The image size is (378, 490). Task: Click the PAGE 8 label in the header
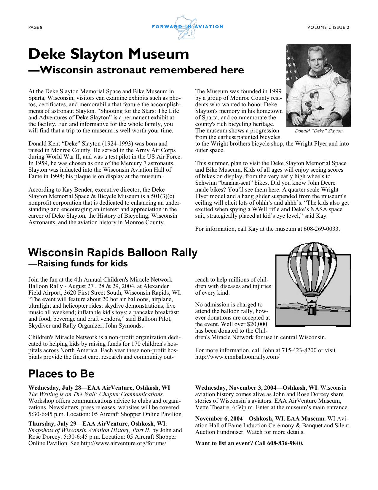35,28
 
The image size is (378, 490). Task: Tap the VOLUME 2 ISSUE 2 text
328,28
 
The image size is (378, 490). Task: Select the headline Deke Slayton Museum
109,54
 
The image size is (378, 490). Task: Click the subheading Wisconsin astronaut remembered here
136,70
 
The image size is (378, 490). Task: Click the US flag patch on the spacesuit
338,81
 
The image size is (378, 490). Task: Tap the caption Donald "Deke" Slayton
319,131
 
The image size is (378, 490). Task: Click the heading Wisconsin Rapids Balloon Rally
113,253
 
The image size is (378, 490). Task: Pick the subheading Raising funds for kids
78,263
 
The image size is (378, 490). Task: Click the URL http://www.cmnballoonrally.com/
237,357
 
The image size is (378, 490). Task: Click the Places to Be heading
61,374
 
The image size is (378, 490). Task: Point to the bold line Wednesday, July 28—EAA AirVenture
99,388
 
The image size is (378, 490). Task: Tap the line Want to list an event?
249,443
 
